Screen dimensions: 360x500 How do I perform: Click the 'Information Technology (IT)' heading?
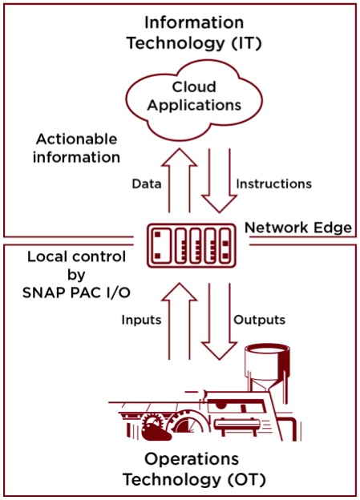(194, 33)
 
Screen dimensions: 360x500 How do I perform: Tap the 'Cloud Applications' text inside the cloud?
(194, 96)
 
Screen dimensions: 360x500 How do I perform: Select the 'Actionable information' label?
(77, 148)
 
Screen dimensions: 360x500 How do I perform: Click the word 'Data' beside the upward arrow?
(147, 184)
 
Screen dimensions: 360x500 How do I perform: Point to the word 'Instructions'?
(274, 184)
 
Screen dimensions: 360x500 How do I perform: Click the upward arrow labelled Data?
(180, 180)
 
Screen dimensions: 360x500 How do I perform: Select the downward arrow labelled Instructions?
(219, 180)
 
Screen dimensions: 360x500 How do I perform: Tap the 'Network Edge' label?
(298, 228)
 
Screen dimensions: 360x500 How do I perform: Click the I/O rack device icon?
(192, 245)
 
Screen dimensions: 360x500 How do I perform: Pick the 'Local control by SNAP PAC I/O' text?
(77, 275)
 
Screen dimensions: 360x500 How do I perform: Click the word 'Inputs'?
(141, 320)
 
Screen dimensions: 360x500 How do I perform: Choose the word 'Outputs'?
(259, 320)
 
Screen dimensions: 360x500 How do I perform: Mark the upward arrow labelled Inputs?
(180, 321)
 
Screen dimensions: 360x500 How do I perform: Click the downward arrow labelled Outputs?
(219, 321)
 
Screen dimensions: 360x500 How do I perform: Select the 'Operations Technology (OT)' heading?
(193, 470)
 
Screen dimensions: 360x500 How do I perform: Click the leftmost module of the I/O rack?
(160, 245)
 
